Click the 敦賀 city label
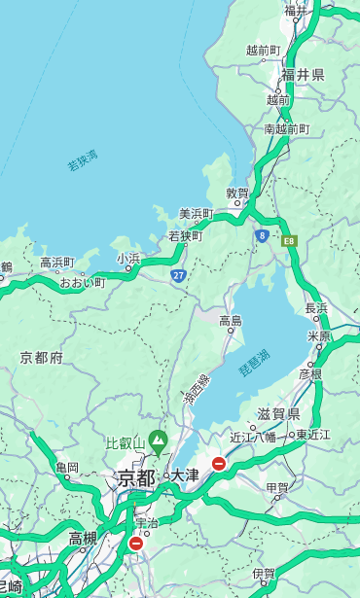[237, 193]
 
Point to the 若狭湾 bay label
[82, 160]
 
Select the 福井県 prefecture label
[303, 75]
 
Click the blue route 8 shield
[262, 235]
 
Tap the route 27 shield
[178, 275]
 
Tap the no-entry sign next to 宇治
[135, 544]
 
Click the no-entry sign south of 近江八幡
[219, 464]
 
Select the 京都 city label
[136, 477]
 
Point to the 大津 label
[184, 476]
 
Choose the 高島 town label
[231, 321]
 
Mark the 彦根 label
[310, 373]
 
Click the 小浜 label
[128, 259]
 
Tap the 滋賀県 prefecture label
[278, 414]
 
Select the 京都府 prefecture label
[42, 358]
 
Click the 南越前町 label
[286, 128]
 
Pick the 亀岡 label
[66, 468]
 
